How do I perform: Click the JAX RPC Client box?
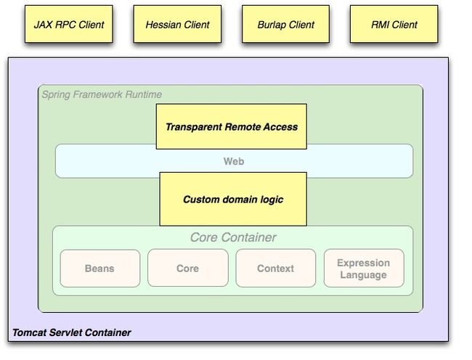tap(69, 24)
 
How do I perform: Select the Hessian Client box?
tap(177, 24)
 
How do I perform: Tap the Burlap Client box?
tap(285, 24)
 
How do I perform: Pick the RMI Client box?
tap(394, 24)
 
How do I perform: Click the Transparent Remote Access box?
tap(232, 126)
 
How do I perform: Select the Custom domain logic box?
tap(233, 199)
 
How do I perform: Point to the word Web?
tap(234, 161)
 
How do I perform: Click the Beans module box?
tap(100, 269)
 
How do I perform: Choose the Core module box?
tap(188, 268)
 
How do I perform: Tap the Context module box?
tap(276, 268)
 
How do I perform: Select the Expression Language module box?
tap(364, 269)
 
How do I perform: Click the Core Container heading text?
tap(233, 237)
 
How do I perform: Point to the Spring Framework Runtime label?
tap(102, 94)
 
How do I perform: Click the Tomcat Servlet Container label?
tap(72, 332)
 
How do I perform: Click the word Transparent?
tap(194, 127)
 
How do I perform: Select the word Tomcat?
tap(30, 332)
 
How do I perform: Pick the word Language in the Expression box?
tap(364, 275)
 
